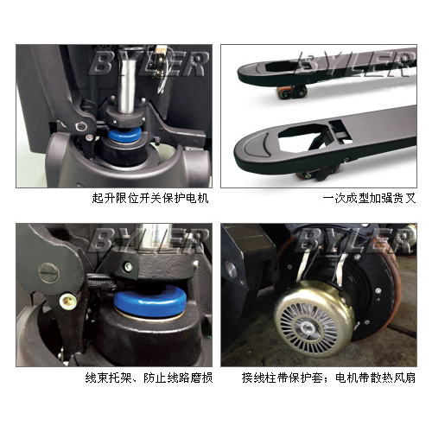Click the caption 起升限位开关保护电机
coord(150,199)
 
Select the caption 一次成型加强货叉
coord(369,199)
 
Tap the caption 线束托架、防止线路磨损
coord(149,378)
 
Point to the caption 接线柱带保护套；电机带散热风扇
coord(328,378)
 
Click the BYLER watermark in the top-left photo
coord(149,64)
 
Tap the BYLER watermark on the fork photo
coord(355,64)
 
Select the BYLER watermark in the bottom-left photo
coord(149,241)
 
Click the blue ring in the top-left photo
coord(124,135)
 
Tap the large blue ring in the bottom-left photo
coord(149,302)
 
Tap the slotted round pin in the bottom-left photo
coord(48,272)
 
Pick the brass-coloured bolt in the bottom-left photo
coord(67,301)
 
